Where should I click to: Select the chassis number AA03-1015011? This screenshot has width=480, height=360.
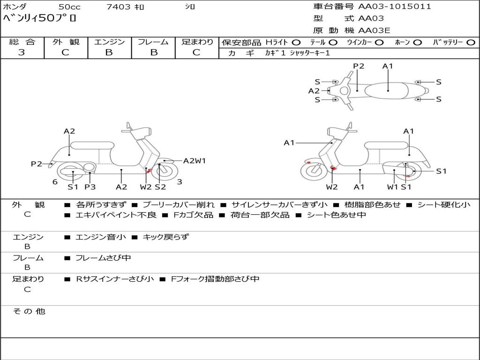tap(395, 7)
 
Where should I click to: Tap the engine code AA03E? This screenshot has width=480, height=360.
tap(374, 31)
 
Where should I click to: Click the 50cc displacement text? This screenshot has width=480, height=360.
tap(69, 7)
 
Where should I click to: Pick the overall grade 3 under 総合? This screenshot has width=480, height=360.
tap(22, 52)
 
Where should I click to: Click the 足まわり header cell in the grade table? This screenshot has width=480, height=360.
tap(197, 42)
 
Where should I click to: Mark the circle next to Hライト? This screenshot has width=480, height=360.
tap(296, 43)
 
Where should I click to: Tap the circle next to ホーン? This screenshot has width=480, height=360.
tap(418, 43)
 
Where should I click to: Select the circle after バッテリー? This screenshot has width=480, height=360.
tap(471, 43)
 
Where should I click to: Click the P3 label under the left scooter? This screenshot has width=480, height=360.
tap(90, 187)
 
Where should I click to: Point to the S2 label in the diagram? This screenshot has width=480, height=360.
tap(160, 187)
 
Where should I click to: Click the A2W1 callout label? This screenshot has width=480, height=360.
tap(195, 161)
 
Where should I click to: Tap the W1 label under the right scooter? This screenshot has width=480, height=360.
tap(392, 187)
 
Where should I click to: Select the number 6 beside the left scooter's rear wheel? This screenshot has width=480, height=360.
tap(55, 182)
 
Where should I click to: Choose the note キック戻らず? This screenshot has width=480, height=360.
tap(165, 237)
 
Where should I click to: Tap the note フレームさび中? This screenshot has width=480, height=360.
tap(103, 258)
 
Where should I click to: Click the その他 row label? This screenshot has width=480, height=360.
tap(29, 311)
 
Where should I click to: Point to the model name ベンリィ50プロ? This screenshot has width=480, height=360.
tap(39, 19)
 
